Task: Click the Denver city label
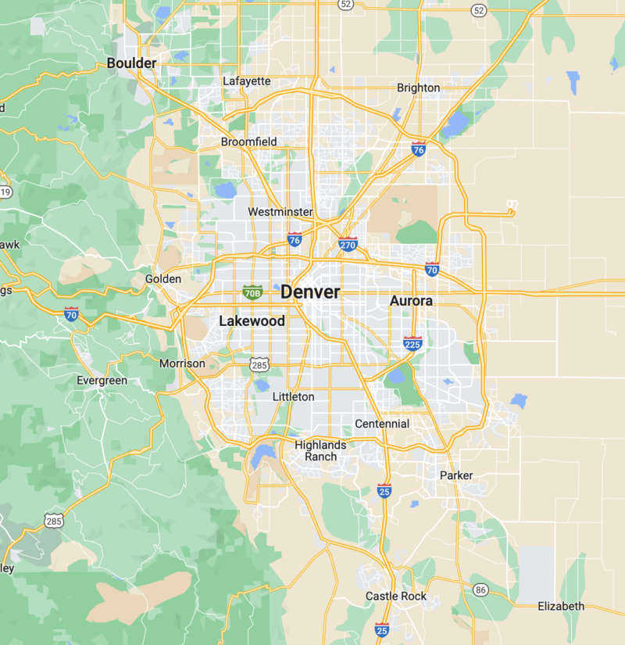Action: point(310,292)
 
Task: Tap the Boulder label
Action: point(131,63)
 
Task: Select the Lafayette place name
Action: point(246,81)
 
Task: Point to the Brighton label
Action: point(418,88)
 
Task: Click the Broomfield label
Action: point(248,142)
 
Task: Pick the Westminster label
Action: point(280,212)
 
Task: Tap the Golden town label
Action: point(163,279)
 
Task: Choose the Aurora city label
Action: point(411,301)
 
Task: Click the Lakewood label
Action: point(252,321)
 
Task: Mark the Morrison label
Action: point(182,364)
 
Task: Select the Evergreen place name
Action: point(102,381)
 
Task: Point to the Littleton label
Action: point(293,397)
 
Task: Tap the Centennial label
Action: point(382,424)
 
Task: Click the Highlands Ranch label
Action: point(320,451)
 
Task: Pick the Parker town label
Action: point(456,475)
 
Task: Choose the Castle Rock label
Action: point(396,597)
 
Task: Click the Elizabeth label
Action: point(560,607)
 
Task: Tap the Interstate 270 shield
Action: point(348,244)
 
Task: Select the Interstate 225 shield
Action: point(413,342)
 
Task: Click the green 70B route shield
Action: point(252,292)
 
